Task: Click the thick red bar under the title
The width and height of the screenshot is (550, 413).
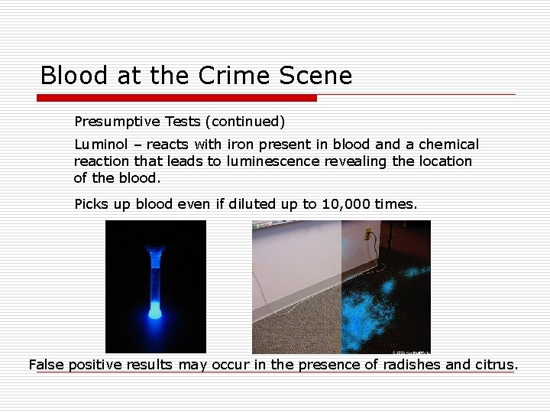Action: pyautogui.click(x=176, y=98)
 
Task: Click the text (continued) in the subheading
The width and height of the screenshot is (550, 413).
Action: pyautogui.click(x=247, y=122)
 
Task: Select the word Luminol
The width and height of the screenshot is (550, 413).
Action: pyautogui.click(x=100, y=145)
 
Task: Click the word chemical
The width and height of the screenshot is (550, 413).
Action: pyautogui.click(x=449, y=145)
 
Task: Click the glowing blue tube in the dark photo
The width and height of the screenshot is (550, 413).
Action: pyautogui.click(x=156, y=279)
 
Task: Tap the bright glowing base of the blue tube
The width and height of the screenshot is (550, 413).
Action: pyautogui.click(x=155, y=310)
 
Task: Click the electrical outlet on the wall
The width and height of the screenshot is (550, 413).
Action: pyautogui.click(x=367, y=233)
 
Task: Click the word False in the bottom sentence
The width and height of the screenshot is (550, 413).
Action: pyautogui.click(x=47, y=365)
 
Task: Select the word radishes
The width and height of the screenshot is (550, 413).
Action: pyautogui.click(x=412, y=365)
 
